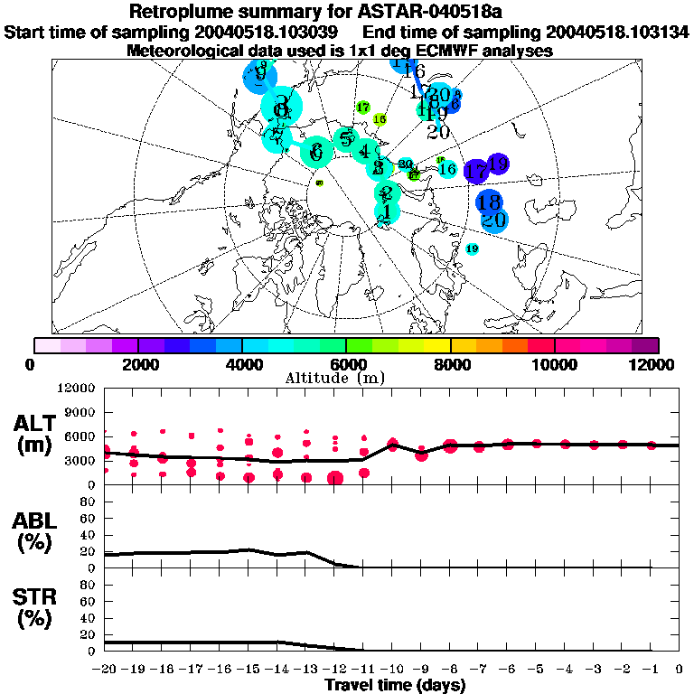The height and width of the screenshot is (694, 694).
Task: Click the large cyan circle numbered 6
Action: [x=315, y=152]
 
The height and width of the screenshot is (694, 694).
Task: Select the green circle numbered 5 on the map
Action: [x=345, y=139]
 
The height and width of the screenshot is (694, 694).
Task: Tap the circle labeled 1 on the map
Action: [x=387, y=211]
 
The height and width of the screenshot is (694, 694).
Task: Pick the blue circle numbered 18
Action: [x=489, y=202]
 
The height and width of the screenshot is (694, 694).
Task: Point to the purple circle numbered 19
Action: [x=497, y=164]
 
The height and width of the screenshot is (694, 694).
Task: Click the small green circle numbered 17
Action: [x=363, y=108]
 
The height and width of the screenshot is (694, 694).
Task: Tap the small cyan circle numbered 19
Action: [x=472, y=249]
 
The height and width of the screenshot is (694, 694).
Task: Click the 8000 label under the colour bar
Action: [x=450, y=364]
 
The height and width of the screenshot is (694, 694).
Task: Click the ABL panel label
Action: [x=35, y=531]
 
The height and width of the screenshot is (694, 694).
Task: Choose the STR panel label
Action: [x=35, y=606]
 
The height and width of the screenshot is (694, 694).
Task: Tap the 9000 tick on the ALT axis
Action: [x=82, y=413]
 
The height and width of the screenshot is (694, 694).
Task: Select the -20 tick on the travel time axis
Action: [x=105, y=670]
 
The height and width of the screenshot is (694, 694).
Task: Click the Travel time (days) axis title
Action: [x=395, y=685]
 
